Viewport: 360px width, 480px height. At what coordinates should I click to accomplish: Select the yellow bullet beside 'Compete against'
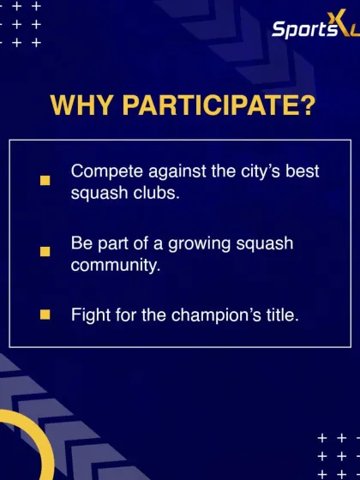pyautogui.click(x=45, y=180)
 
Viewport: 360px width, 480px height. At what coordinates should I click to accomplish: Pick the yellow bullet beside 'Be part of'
pyautogui.click(x=45, y=252)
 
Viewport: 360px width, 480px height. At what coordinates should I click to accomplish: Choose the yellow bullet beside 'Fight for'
pyautogui.click(x=45, y=315)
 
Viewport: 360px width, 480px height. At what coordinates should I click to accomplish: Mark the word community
pyautogui.click(x=115, y=265)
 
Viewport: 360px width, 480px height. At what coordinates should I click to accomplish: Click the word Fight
pyautogui.click(x=89, y=315)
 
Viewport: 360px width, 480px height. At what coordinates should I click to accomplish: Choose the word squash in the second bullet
pyautogui.click(x=265, y=243)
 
